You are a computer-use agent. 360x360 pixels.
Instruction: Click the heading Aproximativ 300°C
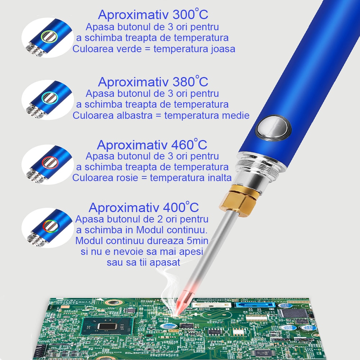click(x=153, y=14)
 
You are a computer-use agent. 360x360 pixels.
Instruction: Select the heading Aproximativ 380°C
click(x=153, y=81)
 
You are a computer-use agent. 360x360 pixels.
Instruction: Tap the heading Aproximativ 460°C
click(x=152, y=144)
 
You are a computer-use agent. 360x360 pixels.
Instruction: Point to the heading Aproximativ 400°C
click(x=144, y=207)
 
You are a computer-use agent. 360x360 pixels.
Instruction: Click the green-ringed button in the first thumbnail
click(x=49, y=36)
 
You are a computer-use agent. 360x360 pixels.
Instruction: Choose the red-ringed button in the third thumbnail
click(x=50, y=162)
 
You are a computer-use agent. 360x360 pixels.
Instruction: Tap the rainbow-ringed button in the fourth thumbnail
click(x=50, y=225)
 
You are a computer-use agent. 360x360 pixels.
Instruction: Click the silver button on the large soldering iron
click(x=273, y=128)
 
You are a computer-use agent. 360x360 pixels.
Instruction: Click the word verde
click(x=129, y=49)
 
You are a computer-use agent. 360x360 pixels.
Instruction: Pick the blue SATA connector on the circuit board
click(x=255, y=305)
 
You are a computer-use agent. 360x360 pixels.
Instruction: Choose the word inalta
click(x=220, y=178)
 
